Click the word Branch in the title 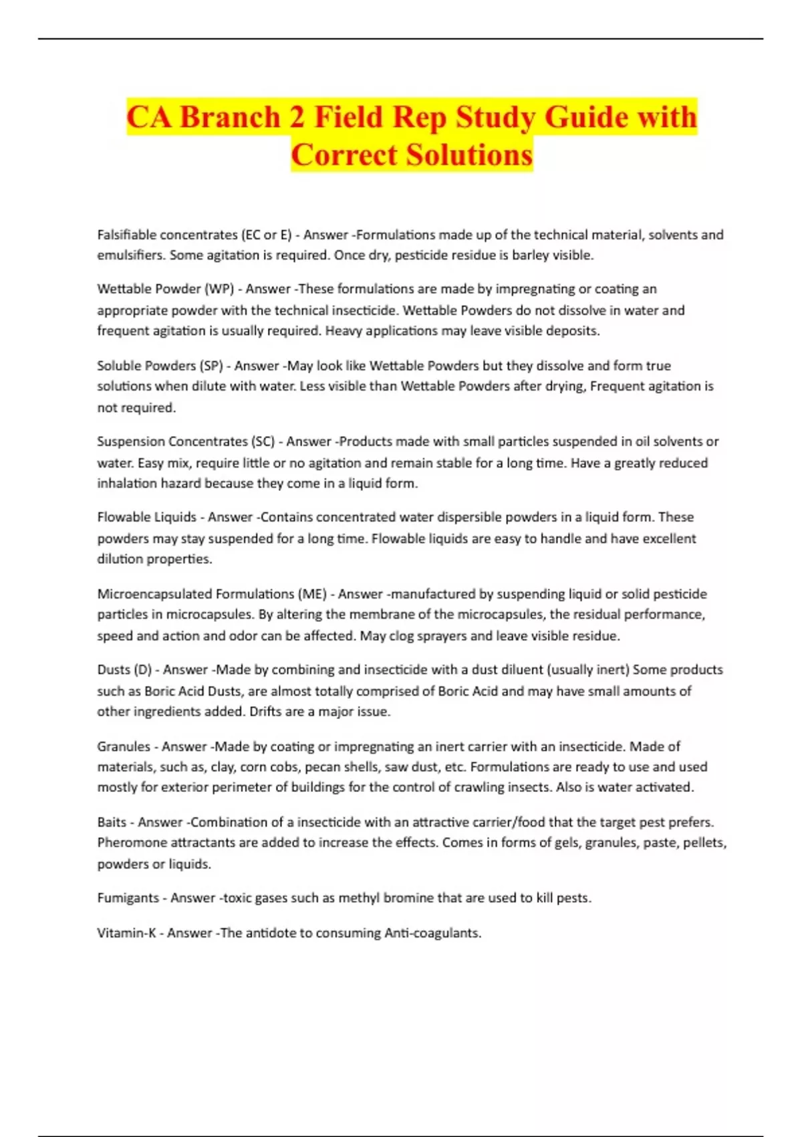tap(230, 117)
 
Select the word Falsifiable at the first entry tap(130, 235)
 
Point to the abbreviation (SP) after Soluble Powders tap(211, 366)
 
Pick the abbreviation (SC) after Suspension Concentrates tap(263, 441)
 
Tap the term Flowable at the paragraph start tap(123, 517)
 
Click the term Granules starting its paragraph tap(124, 746)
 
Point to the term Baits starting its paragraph tap(112, 822)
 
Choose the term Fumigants tap(128, 898)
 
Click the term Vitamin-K tap(126, 932)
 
